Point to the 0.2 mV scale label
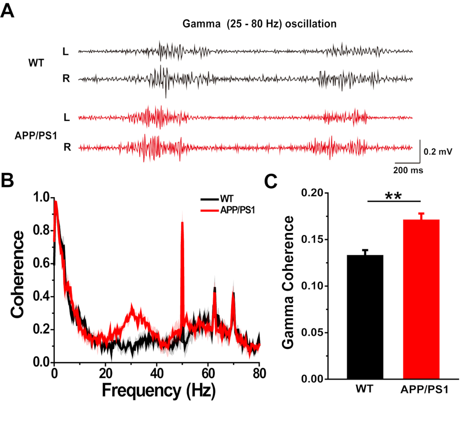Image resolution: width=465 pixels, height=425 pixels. point(438,151)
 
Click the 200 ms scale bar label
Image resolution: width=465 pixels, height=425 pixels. point(409,171)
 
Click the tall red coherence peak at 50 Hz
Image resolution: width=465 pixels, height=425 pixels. point(182,223)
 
